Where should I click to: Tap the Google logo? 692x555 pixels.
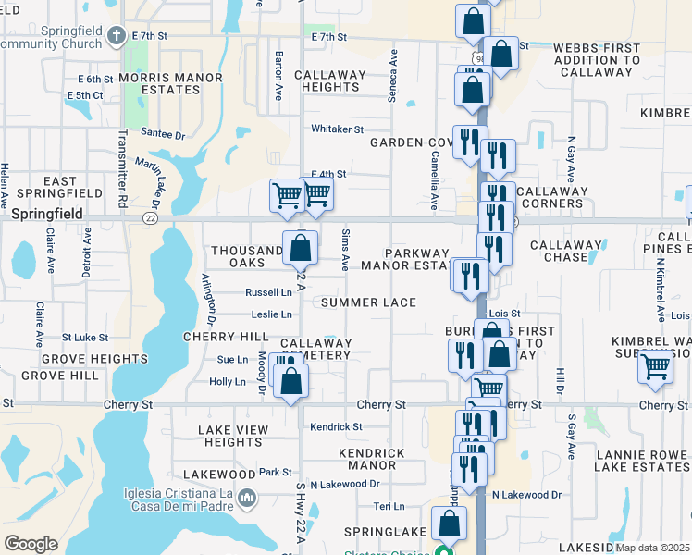coord(31,544)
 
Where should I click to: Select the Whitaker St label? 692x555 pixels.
coord(337,129)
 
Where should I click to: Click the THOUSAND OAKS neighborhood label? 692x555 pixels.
coord(246,256)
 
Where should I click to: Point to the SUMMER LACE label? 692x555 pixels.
coord(368,302)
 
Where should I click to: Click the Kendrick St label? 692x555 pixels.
coord(336,426)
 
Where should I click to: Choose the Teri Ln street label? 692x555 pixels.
coord(389,506)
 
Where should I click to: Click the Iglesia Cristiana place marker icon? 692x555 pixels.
coord(247,499)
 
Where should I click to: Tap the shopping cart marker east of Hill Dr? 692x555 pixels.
coord(655,366)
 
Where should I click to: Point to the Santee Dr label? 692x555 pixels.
coord(162,134)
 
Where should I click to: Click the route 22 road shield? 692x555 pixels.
coord(150,218)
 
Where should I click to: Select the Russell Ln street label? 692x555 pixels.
coord(268,292)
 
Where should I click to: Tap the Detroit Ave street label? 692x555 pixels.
coord(86,253)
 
